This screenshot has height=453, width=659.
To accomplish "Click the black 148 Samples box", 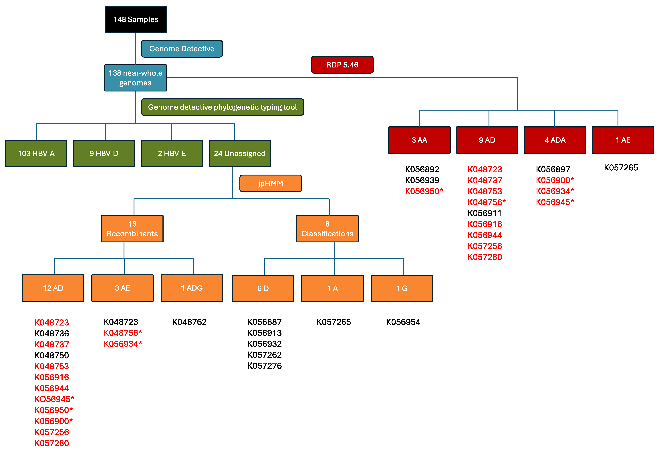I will pyautogui.click(x=136, y=19).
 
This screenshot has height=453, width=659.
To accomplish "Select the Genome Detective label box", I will pyautogui.click(x=182, y=49).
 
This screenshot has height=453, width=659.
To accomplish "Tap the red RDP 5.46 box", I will pyautogui.click(x=342, y=65).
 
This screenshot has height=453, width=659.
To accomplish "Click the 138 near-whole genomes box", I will pyautogui.click(x=135, y=78).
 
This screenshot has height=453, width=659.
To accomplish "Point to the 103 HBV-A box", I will pyautogui.click(x=36, y=153).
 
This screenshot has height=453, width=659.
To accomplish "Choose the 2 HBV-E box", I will pyautogui.click(x=172, y=153).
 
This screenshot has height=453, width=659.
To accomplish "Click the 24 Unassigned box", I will pyautogui.click(x=240, y=153).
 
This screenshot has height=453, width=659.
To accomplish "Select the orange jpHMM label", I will pyautogui.click(x=271, y=183).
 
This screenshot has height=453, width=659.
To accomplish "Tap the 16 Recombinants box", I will pyautogui.click(x=132, y=229).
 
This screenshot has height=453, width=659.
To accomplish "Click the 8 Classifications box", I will pyautogui.click(x=327, y=229).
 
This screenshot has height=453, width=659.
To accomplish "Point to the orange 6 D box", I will pyautogui.click(x=263, y=288).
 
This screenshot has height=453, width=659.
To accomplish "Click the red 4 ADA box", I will pyautogui.click(x=555, y=140).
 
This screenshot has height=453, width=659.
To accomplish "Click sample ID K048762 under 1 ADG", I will pyautogui.click(x=189, y=322).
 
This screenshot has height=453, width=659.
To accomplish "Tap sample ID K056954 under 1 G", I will pyautogui.click(x=403, y=322).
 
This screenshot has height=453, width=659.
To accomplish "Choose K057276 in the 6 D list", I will pyautogui.click(x=264, y=366).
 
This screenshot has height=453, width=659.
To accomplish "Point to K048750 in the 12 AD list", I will pyautogui.click(x=52, y=355).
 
